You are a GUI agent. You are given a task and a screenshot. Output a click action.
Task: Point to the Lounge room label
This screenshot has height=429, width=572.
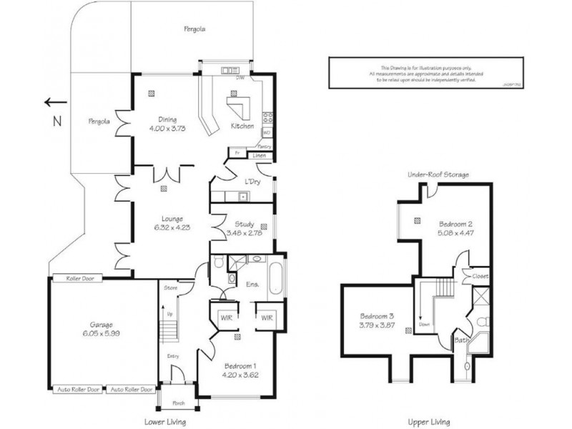click(x=172, y=219)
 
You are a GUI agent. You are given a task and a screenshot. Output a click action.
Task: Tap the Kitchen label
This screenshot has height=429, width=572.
click(x=242, y=127)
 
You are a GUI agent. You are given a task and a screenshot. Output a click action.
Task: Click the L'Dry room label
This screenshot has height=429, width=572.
click(x=252, y=182)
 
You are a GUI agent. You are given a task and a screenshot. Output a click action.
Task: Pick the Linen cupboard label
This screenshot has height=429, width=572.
click(x=259, y=155)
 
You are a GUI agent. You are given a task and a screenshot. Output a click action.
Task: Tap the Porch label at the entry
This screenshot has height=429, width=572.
click(x=169, y=403)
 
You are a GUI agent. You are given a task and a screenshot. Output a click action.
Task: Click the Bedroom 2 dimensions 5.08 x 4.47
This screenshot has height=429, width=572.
click(x=456, y=232)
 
